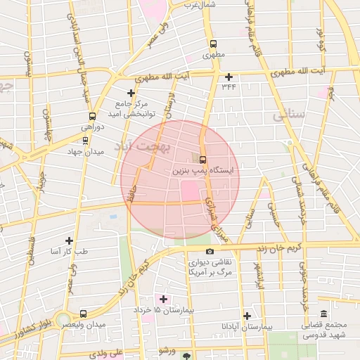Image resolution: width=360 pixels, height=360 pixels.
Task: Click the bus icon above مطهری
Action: click(213, 41)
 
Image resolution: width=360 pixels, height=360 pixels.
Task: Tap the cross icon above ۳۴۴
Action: click(229, 77)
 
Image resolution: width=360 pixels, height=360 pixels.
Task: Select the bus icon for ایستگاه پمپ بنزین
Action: click(203, 160)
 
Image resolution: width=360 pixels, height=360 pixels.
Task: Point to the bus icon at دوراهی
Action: click(91, 117)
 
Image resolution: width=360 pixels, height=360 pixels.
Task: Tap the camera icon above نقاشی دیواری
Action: click(210, 251)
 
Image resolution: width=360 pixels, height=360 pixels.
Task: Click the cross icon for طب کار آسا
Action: click(69, 240)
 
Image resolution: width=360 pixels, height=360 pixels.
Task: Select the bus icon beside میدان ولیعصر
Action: click(84, 314)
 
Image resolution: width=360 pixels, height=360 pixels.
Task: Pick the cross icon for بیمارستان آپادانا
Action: click(247, 316)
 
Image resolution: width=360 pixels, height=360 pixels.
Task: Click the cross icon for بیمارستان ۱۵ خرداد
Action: click(164, 299)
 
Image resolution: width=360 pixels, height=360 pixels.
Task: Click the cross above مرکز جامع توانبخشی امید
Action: click(131, 93)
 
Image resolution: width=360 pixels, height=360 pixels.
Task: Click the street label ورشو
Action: click(167, 349)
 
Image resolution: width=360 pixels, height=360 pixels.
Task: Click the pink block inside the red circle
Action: click(189, 190)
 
